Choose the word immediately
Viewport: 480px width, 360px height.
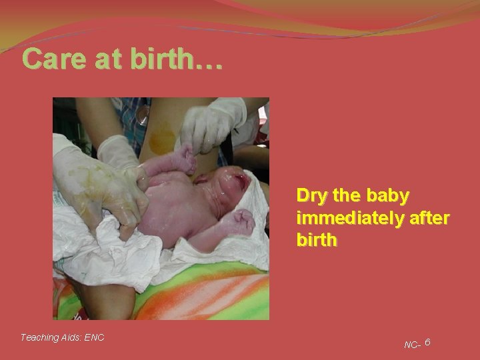(343, 217)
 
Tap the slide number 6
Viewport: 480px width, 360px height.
(427, 342)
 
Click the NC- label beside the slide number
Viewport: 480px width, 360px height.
(412, 345)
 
